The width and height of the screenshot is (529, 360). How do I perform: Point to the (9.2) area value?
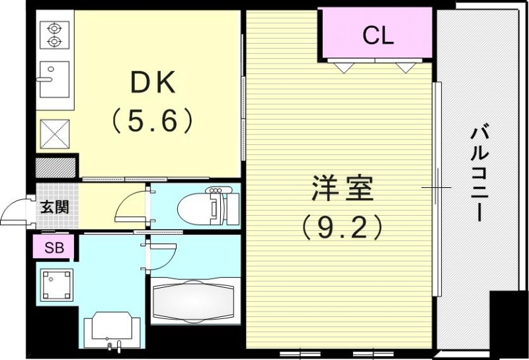[342, 228]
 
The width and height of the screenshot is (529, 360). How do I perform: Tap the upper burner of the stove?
[54, 28]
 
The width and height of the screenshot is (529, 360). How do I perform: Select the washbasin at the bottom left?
[112, 328]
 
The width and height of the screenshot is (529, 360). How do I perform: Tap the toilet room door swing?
[131, 205]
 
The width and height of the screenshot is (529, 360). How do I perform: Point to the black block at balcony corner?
[508, 324]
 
